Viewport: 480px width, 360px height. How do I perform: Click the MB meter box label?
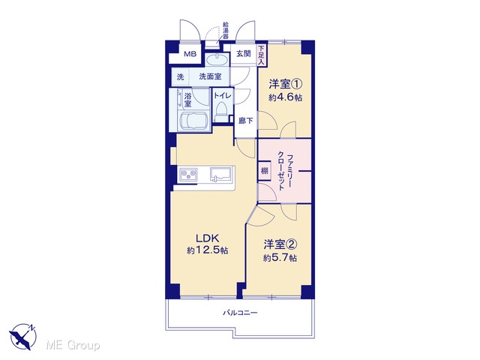[190, 55]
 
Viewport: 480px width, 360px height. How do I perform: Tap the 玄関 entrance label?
[243, 53]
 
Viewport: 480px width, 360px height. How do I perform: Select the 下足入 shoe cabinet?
[261, 55]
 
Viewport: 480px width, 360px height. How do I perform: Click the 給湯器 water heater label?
[226, 30]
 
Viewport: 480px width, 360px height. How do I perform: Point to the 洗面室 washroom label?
[210, 76]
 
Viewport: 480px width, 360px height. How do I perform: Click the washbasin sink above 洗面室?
[217, 59]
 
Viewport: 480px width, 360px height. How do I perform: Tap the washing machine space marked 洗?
[180, 76]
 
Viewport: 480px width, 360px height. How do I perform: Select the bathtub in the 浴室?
[193, 120]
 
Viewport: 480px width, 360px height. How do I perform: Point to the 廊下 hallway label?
[245, 121]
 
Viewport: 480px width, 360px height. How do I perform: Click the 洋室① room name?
[286, 83]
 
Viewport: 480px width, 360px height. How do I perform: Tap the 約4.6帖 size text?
[285, 97]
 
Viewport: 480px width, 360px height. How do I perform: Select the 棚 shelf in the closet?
[265, 170]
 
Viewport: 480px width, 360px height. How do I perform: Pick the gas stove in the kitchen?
[188, 175]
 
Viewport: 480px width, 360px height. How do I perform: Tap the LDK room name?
[207, 238]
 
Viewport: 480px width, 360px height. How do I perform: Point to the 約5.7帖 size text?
[280, 258]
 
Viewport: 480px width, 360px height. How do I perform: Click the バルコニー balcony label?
[240, 313]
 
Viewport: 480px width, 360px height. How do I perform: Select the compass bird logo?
[22, 337]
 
